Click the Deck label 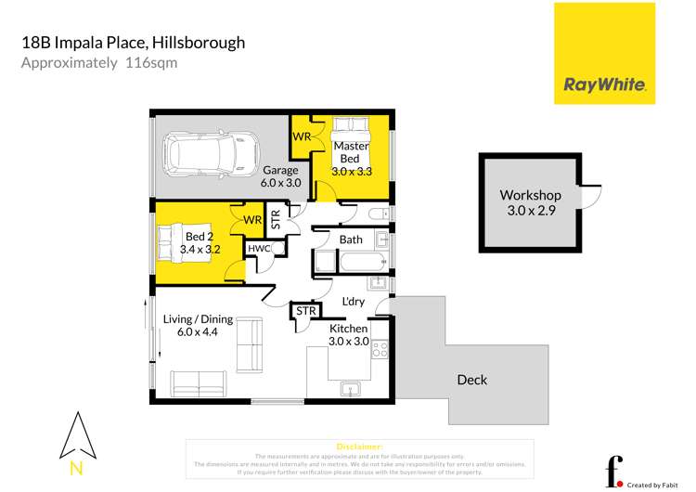coord(471,380)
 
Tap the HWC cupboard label coord(258,249)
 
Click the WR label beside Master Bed coord(302,137)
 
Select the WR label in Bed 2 coord(252,220)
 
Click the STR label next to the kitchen coord(305,311)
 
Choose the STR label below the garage coord(276,219)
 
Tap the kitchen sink coord(351,388)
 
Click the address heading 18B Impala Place coord(133,43)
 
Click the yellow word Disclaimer coord(357,446)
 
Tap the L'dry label coord(354,303)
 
